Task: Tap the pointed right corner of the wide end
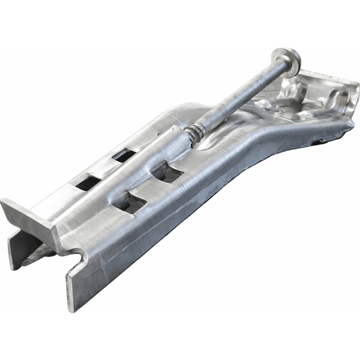(x=354, y=120)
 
